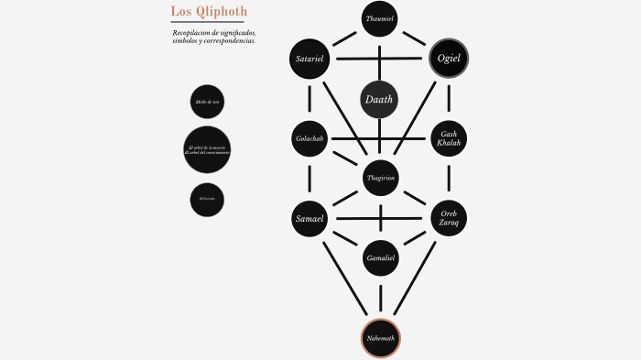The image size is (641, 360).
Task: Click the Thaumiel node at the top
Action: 380,18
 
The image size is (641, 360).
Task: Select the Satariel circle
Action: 310,59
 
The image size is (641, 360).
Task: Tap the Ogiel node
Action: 449,59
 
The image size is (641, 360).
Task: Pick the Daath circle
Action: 380,100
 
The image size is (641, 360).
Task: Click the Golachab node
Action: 310,139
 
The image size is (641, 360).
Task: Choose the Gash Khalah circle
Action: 449,139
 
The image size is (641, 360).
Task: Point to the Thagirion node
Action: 380,179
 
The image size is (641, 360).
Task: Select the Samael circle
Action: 310,218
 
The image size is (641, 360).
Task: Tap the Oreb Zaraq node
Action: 449,218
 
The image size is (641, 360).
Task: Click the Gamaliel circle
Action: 380,258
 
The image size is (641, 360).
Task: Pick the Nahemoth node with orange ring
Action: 380,338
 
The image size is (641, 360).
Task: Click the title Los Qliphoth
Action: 209,11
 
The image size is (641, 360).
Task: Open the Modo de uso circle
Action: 208,102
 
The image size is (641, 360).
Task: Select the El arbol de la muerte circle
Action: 207,149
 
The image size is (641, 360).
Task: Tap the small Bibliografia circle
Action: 208,199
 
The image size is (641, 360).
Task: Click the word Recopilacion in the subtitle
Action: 192,33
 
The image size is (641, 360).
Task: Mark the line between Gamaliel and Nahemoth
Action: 380,298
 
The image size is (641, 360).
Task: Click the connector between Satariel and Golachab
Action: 310,99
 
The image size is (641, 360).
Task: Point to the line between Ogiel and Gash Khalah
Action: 449,99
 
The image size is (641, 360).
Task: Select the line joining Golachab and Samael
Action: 310,179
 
